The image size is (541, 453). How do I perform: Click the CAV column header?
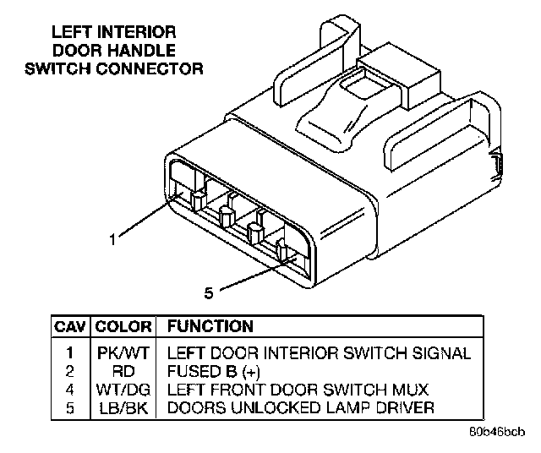70,326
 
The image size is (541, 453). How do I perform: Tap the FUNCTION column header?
210,326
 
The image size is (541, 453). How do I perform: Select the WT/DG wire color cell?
123,390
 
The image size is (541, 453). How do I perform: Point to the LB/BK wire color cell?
123,409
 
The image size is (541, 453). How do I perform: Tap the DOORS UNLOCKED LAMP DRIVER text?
301,409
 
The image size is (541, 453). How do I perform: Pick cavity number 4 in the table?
70,390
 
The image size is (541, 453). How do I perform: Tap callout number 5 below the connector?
209,293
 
